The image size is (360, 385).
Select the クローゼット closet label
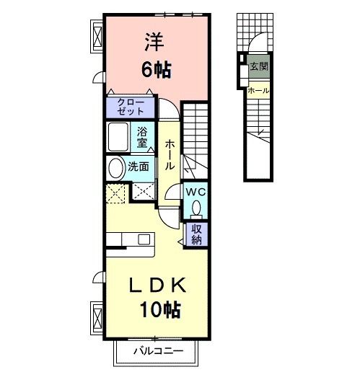130,107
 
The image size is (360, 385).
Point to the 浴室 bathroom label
143,137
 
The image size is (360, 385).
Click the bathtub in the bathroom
119,137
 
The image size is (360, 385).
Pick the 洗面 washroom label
139,167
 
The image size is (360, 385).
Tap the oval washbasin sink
115,169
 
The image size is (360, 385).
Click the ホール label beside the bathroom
169,154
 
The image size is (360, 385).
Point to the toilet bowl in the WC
196,209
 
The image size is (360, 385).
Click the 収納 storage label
196,234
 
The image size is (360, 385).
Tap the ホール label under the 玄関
258,91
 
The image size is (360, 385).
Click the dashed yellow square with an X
117,193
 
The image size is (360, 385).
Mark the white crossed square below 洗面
142,193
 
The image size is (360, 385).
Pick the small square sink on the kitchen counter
144,239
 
